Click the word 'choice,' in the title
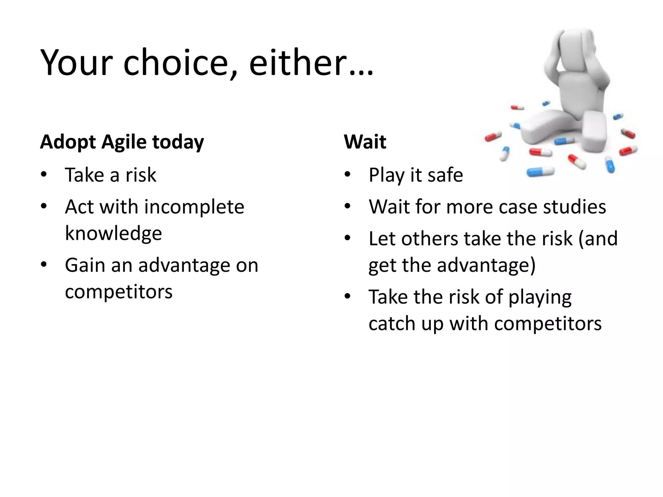[180, 62]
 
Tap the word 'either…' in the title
[311, 62]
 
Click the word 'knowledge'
[113, 233]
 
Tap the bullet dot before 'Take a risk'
[44, 175]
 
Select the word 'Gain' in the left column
[85, 265]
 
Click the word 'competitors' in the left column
[118, 292]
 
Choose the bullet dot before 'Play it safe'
[348, 175]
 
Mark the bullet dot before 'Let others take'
[348, 239]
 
